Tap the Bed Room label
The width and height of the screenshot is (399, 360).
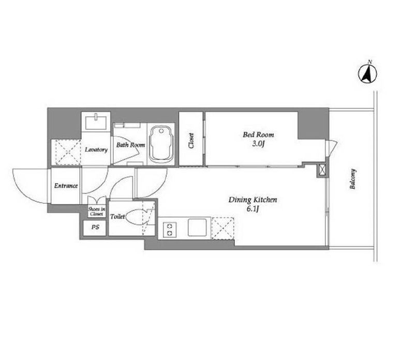point(258,134)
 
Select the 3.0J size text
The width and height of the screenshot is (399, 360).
point(259,144)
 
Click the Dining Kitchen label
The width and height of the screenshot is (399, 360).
point(253,200)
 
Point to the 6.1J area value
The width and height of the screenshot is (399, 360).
point(253,209)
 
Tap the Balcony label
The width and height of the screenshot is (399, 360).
point(352,179)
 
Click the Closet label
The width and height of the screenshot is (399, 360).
point(191,141)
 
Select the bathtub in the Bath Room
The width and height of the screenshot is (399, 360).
point(161,144)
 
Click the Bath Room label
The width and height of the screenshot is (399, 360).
point(130,145)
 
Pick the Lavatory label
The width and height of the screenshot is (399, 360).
point(96,149)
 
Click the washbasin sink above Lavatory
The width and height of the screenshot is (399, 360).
point(96,122)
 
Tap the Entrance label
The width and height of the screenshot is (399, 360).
point(66,186)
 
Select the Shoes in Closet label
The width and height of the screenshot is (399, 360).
point(96,212)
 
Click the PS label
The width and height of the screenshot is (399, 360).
point(95,227)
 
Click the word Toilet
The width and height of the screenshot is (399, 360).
point(117,217)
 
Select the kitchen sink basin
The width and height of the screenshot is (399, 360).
point(197,228)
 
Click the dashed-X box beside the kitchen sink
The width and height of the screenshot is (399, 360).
point(223,228)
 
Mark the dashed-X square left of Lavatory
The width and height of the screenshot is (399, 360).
point(66,153)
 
